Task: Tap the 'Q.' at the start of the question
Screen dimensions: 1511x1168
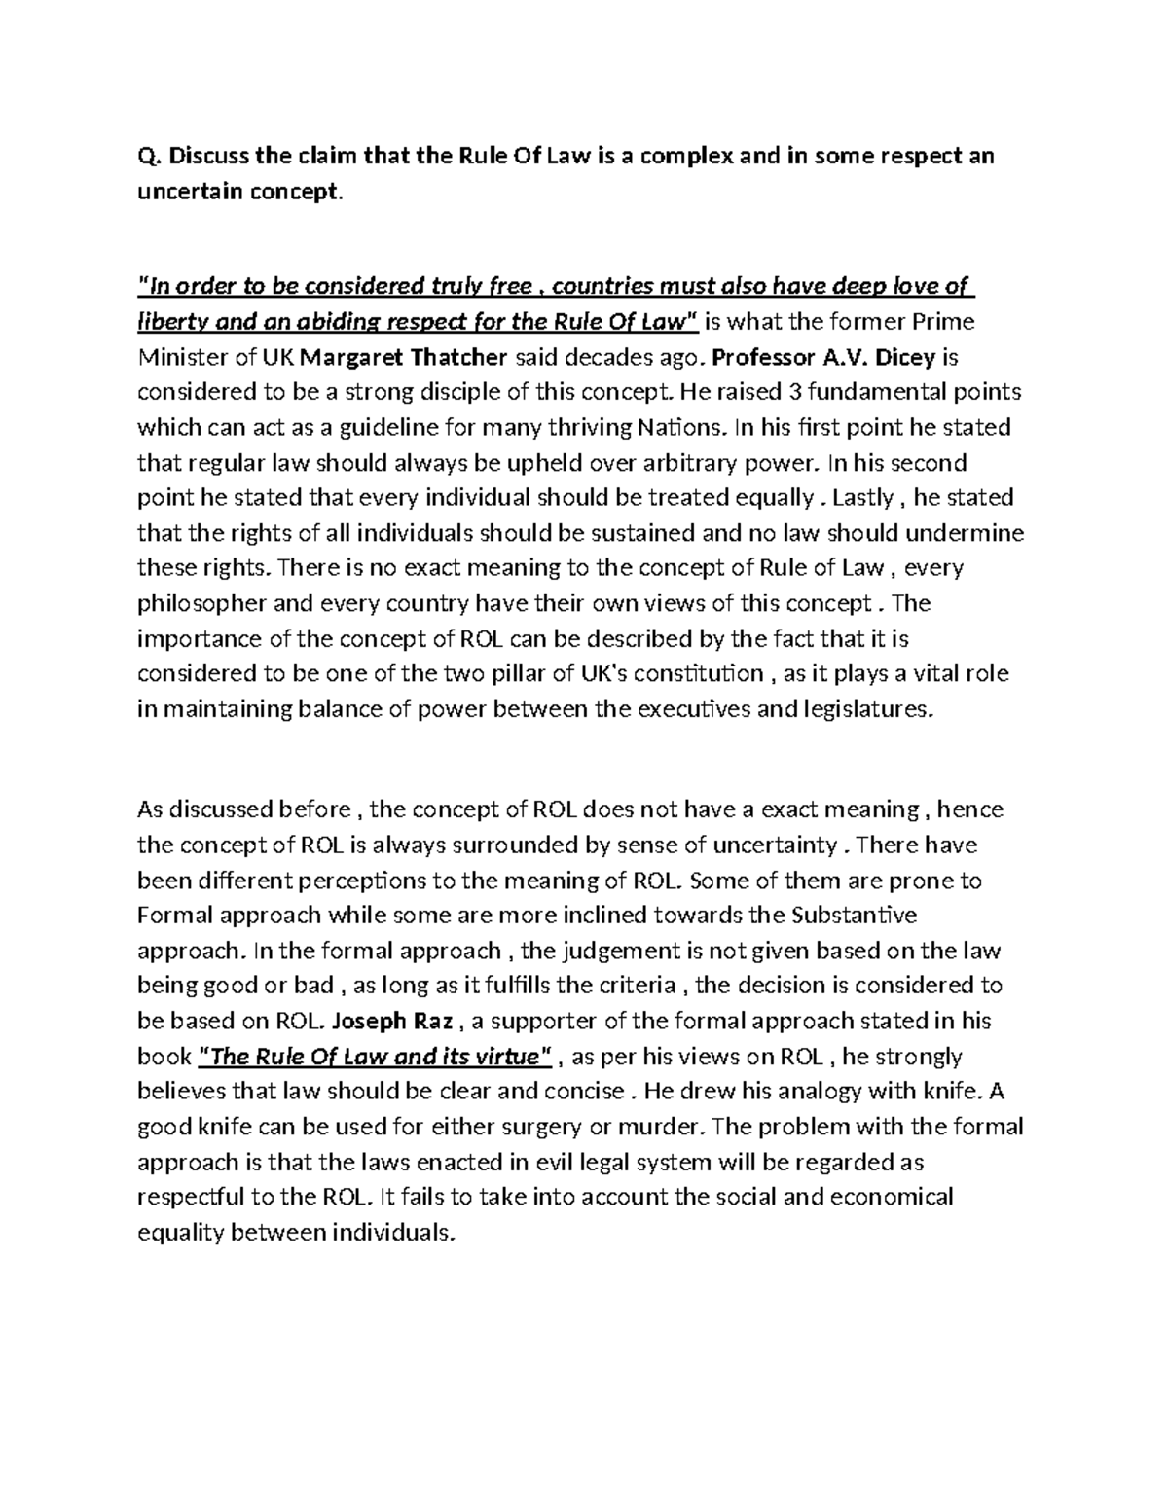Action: coord(147,157)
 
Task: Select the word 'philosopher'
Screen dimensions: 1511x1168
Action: coord(201,603)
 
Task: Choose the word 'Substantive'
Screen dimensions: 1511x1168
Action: coord(856,916)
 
